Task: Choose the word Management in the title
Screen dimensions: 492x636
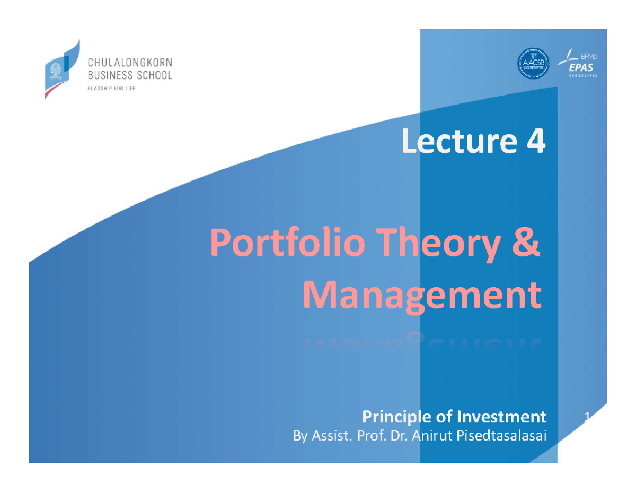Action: [x=422, y=296]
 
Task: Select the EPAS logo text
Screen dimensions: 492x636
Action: [x=581, y=68]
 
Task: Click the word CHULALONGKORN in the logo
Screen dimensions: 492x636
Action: [x=129, y=63]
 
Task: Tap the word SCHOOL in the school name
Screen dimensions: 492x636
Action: [x=153, y=76]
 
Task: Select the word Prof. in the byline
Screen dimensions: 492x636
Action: [x=371, y=436]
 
